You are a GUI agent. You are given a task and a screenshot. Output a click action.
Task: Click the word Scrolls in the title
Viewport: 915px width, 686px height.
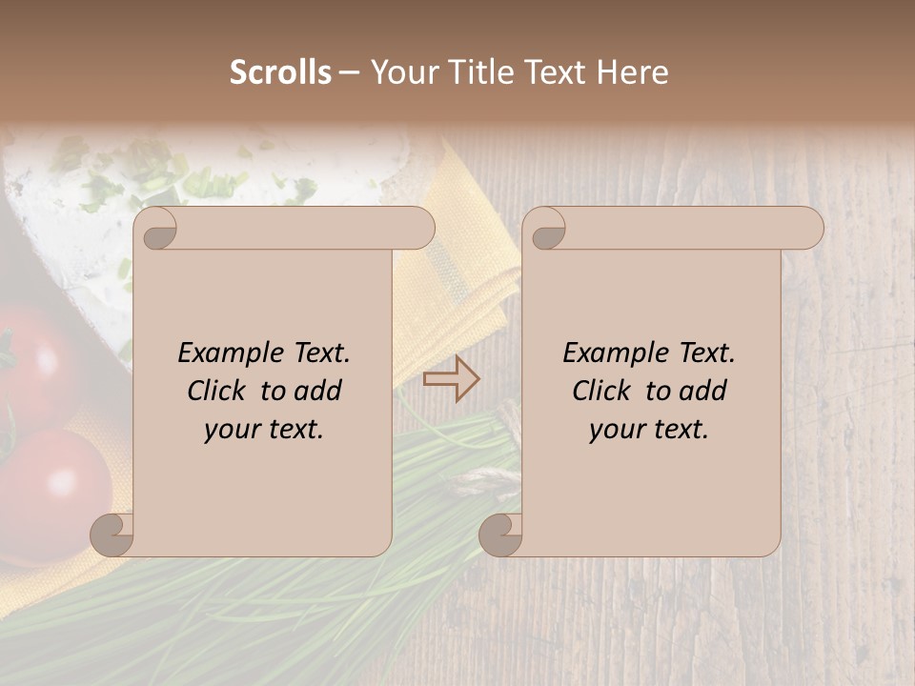(x=280, y=72)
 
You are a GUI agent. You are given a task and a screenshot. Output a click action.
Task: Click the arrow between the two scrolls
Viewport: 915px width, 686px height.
(x=452, y=379)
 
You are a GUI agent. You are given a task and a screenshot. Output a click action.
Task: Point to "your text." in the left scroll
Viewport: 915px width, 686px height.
(x=264, y=429)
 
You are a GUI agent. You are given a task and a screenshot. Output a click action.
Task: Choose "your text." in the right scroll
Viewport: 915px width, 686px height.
(x=649, y=429)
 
